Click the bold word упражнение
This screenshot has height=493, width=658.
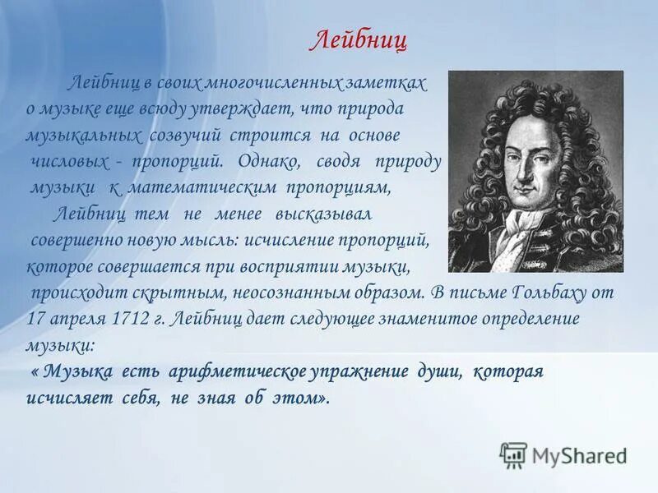click(x=359, y=371)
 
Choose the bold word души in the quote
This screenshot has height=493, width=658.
click(x=438, y=371)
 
